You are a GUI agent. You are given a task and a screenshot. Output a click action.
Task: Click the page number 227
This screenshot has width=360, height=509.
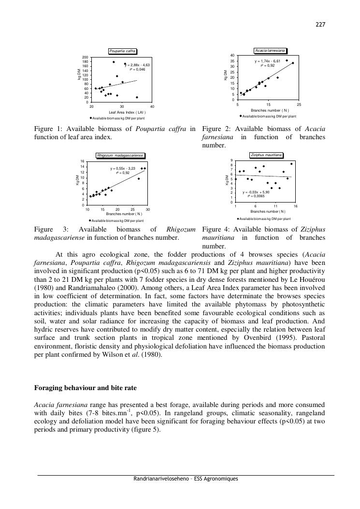pyautogui.click(x=320, y=25)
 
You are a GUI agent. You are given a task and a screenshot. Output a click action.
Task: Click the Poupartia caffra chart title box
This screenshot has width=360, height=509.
pyautogui.click(x=122, y=51)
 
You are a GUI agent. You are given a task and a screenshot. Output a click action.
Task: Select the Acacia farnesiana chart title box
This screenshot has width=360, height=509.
pyautogui.click(x=270, y=51)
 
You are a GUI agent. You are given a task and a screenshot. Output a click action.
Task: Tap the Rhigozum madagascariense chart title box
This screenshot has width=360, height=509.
pyautogui.click(x=120, y=156)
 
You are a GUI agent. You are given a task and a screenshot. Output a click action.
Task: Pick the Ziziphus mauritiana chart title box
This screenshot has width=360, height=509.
pyautogui.click(x=266, y=155)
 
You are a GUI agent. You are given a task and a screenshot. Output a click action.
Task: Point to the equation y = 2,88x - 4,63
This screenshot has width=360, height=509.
pyautogui.click(x=138, y=65)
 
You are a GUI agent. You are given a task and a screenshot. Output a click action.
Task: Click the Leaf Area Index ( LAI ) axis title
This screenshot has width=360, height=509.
pyautogui.click(x=127, y=112)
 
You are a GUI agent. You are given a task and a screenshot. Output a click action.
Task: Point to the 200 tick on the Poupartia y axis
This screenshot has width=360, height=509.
pyautogui.click(x=86, y=58)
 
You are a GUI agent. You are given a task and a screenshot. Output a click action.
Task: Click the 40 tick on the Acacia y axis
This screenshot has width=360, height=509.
pyautogui.click(x=232, y=56)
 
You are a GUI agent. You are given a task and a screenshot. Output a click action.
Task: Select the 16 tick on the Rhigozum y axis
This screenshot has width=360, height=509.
pyautogui.click(x=82, y=161)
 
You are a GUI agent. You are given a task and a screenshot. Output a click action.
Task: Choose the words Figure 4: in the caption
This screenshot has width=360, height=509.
pyautogui.click(x=216, y=229)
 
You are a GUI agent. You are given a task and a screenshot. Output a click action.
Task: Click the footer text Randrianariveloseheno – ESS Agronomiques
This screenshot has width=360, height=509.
pyautogui.click(x=186, y=479)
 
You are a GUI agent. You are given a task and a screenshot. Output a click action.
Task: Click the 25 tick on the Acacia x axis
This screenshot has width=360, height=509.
pyautogui.click(x=299, y=105)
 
